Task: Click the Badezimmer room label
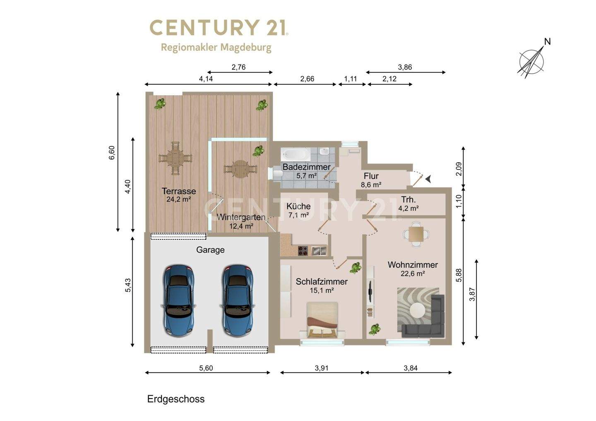pos(306,167)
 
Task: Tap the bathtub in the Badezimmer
pos(296,154)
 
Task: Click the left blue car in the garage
pos(178,301)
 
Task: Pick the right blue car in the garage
pos(238,301)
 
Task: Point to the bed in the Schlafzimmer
pos(322,320)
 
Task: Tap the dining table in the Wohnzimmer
pos(416,234)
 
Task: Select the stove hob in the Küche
pos(303,251)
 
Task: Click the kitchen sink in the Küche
pos(319,251)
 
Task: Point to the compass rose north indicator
pos(532,62)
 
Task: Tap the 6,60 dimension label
pos(112,153)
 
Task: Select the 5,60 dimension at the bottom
pos(206,368)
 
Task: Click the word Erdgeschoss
pos(176,399)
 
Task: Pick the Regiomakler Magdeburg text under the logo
pos(216,48)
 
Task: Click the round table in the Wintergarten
pos(240,169)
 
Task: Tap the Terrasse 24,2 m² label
pos(179,195)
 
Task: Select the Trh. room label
pos(408,200)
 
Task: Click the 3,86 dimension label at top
pos(405,67)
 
